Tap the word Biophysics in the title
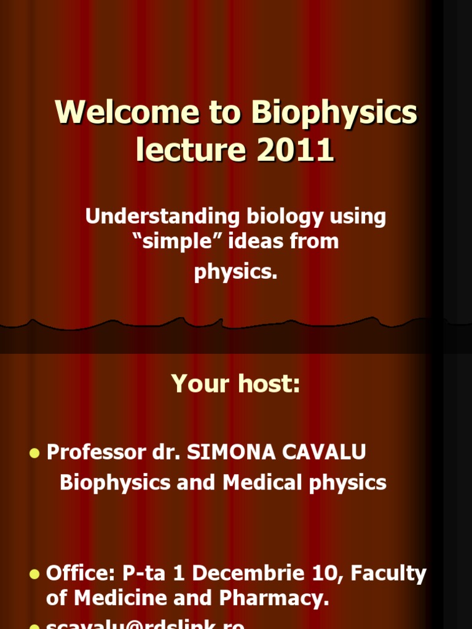[x=334, y=113]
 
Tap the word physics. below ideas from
[x=236, y=272]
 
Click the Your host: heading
[x=236, y=384]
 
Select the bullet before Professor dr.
[x=34, y=453]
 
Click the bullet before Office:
[x=34, y=575]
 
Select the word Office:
[x=81, y=574]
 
